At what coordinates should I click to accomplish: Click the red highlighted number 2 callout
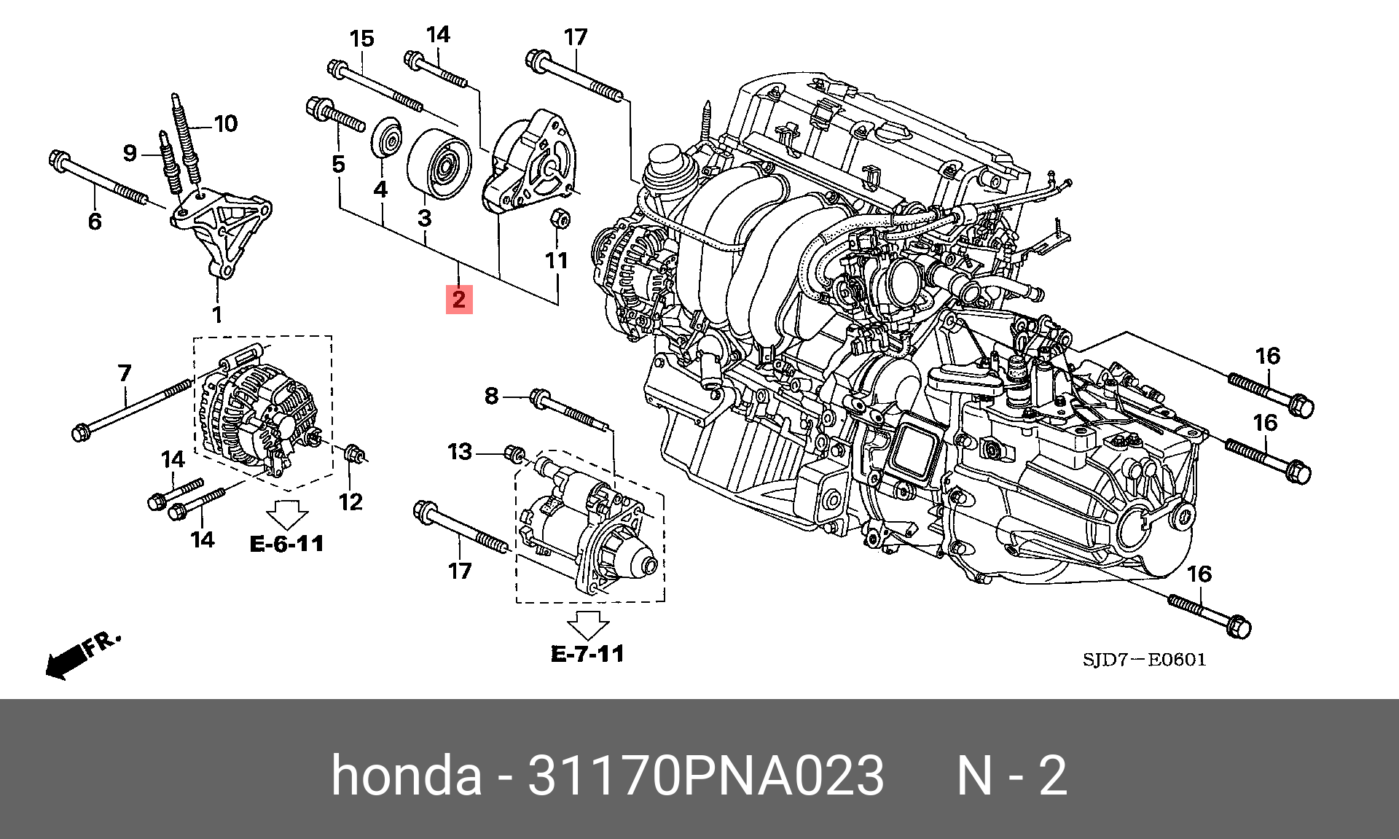[x=459, y=299]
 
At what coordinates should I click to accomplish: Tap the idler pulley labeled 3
[x=439, y=165]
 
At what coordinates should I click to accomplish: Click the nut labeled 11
[x=559, y=217]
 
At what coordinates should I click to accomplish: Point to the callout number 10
[x=226, y=124]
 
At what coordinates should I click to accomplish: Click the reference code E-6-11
[x=286, y=544]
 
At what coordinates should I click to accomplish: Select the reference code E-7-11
[x=587, y=654]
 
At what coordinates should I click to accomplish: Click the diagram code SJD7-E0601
[x=1144, y=660]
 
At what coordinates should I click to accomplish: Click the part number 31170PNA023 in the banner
[x=705, y=775]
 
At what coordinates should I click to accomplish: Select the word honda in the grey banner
[x=406, y=775]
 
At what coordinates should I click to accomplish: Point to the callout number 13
[x=460, y=452]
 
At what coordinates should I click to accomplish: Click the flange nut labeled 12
[x=353, y=453]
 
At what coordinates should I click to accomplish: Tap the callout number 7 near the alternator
[x=125, y=373]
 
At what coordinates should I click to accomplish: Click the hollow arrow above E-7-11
[x=587, y=625]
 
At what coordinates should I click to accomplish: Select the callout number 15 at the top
[x=361, y=39]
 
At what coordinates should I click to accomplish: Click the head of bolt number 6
[x=59, y=159]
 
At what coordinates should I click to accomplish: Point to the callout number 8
[x=492, y=396]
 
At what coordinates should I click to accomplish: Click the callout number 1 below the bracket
[x=217, y=315]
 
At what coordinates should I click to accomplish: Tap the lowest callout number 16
[x=1199, y=574]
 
